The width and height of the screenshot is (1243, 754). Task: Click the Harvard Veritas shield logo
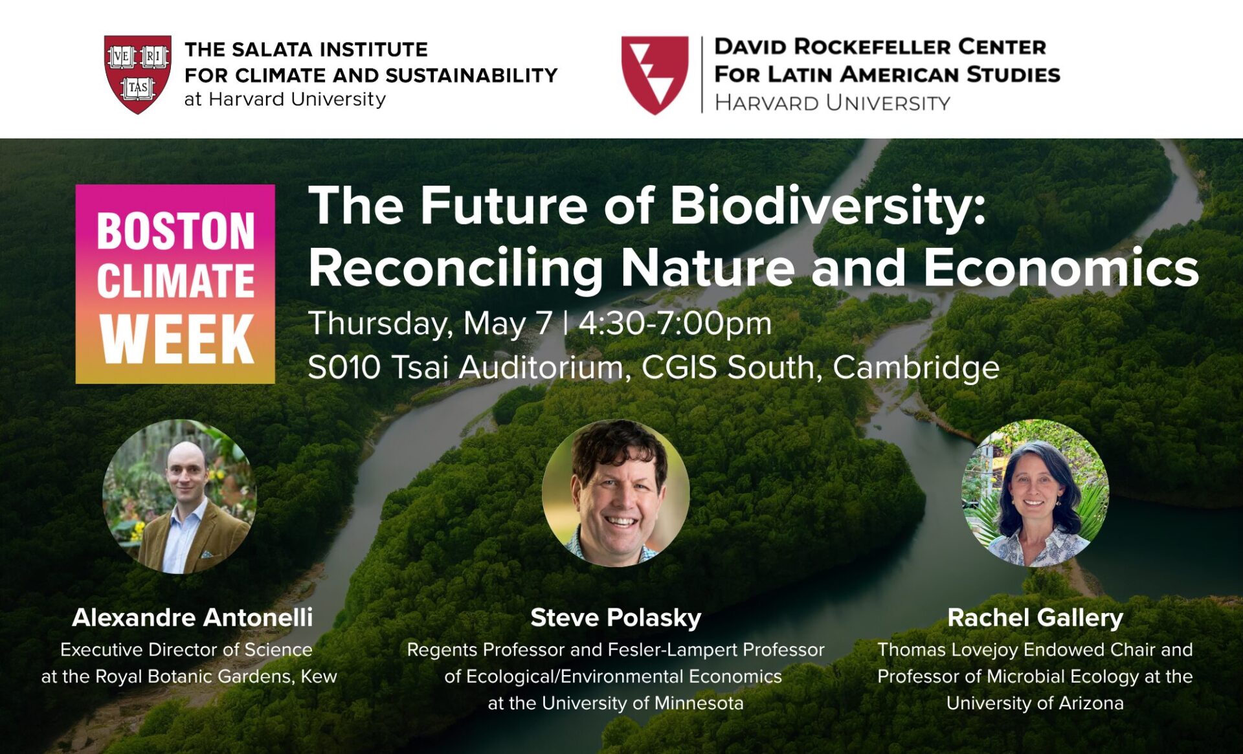point(138,74)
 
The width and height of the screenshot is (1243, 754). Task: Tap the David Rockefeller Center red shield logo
point(655,75)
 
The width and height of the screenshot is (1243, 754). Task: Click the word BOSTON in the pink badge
point(176,231)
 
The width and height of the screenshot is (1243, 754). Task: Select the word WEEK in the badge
point(176,338)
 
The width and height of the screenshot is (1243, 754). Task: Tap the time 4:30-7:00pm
point(675,323)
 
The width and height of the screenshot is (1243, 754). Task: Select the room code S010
point(344,367)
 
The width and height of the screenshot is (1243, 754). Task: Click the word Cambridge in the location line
point(916,368)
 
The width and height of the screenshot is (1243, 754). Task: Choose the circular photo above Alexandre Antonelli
point(179,496)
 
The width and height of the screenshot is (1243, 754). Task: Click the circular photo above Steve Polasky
point(616,493)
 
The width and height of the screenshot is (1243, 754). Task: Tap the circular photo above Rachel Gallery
point(1035,493)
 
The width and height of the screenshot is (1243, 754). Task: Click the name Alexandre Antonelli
point(192,617)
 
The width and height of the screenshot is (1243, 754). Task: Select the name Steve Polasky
point(616,618)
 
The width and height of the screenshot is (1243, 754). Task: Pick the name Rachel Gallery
point(1035,618)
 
